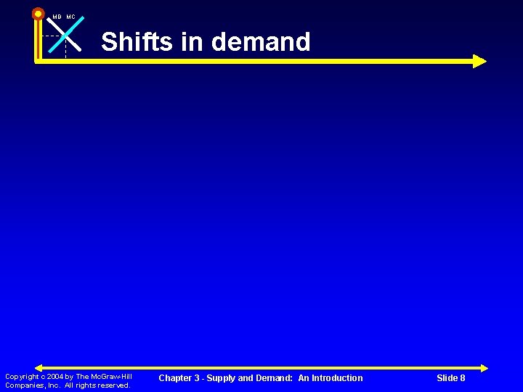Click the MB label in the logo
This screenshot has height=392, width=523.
pyautogui.click(x=57, y=17)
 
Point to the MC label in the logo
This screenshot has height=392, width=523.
pyautogui.click(x=70, y=17)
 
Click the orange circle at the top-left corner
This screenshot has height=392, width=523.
pyautogui.click(x=38, y=13)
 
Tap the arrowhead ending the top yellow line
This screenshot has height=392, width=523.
pyautogui.click(x=479, y=61)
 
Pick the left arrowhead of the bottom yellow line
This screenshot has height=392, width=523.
pyautogui.click(x=38, y=369)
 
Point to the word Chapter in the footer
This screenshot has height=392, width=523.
pyautogui.click(x=175, y=378)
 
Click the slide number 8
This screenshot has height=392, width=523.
pyautogui.click(x=462, y=378)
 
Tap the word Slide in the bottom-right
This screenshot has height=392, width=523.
pyautogui.click(x=446, y=378)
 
